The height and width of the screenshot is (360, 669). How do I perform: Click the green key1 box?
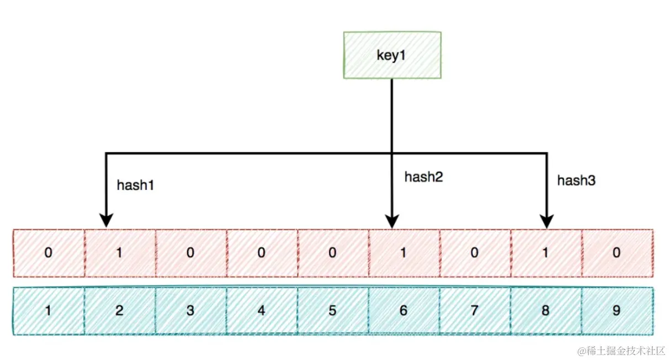click(392, 55)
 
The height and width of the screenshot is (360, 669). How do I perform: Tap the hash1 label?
click(135, 186)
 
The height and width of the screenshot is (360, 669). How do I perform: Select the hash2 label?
click(424, 177)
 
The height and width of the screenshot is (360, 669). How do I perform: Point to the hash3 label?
click(576, 181)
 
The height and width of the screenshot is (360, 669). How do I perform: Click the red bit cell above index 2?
click(120, 253)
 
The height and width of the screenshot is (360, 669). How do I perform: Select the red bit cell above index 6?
click(403, 253)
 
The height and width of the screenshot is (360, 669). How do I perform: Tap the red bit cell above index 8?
click(546, 253)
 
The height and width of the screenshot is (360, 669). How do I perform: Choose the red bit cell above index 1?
click(49, 253)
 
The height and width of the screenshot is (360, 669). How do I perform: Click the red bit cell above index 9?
click(617, 253)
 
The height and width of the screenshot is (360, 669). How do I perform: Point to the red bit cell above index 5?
click(332, 253)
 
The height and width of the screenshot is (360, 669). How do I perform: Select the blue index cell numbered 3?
click(190, 311)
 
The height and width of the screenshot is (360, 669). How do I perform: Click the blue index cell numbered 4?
click(262, 311)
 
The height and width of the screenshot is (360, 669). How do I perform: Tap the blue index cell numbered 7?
click(475, 311)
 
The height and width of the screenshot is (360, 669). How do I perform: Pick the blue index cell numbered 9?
click(617, 311)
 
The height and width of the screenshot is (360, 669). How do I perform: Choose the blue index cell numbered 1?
click(49, 311)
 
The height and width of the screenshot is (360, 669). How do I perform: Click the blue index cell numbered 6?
click(403, 311)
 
